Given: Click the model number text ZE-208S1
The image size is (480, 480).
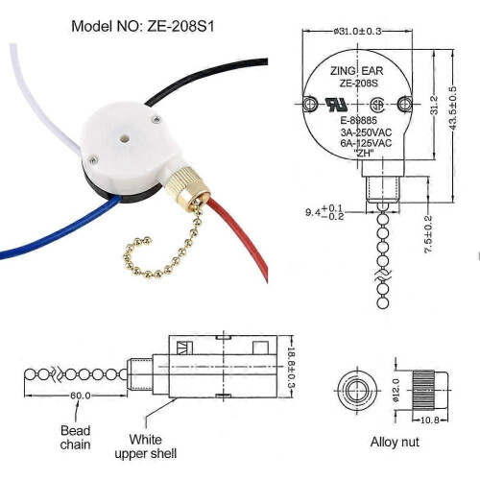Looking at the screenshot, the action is pos(180,26).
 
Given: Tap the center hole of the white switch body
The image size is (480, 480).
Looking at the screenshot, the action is pos(124,139).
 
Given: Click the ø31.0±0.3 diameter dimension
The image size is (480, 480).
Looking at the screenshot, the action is pos(357,32).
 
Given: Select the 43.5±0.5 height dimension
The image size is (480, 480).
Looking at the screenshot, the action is pos(452,108).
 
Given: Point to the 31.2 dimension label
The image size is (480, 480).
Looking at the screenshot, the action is pos(434,105).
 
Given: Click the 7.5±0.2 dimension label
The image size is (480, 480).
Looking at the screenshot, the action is pos(428,234).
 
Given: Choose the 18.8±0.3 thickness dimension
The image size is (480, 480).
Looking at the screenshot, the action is pos(291,367).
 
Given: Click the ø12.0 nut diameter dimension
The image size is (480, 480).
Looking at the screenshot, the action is pos(396,390).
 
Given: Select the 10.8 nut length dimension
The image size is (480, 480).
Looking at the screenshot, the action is pos(430,420).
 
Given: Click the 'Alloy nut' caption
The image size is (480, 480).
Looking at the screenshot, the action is pos(395,442).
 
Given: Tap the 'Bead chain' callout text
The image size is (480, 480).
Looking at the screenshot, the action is pos(76,438).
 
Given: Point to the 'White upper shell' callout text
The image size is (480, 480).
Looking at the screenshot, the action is pos(146,446).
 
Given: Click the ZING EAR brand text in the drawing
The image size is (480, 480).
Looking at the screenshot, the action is pos(356,71).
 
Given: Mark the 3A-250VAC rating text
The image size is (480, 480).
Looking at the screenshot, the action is pos(366,132).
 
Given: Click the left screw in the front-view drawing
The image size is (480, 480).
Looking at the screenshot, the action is pos(310,104).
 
